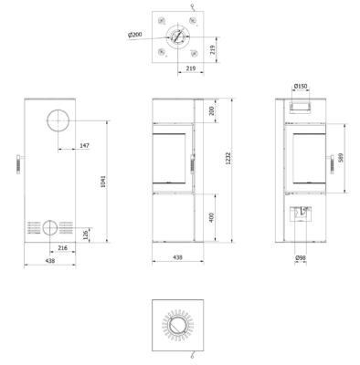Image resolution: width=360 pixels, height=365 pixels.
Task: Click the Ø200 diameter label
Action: click(x=135, y=35)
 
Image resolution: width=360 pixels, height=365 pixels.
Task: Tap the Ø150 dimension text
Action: click(x=301, y=87)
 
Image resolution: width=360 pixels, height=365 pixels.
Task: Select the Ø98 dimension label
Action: click(x=301, y=258)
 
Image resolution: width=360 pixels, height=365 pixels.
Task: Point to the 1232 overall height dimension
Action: click(x=228, y=158)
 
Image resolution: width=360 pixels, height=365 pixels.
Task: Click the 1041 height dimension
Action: click(x=103, y=182)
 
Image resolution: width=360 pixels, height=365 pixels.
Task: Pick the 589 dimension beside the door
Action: click(x=341, y=158)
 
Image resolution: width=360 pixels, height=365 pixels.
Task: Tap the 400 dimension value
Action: click(x=212, y=217)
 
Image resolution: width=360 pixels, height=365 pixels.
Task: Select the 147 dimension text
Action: click(x=85, y=146)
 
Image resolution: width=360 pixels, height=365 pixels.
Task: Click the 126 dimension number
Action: click(x=86, y=235)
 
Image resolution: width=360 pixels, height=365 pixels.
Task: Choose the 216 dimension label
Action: click(x=62, y=248)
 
